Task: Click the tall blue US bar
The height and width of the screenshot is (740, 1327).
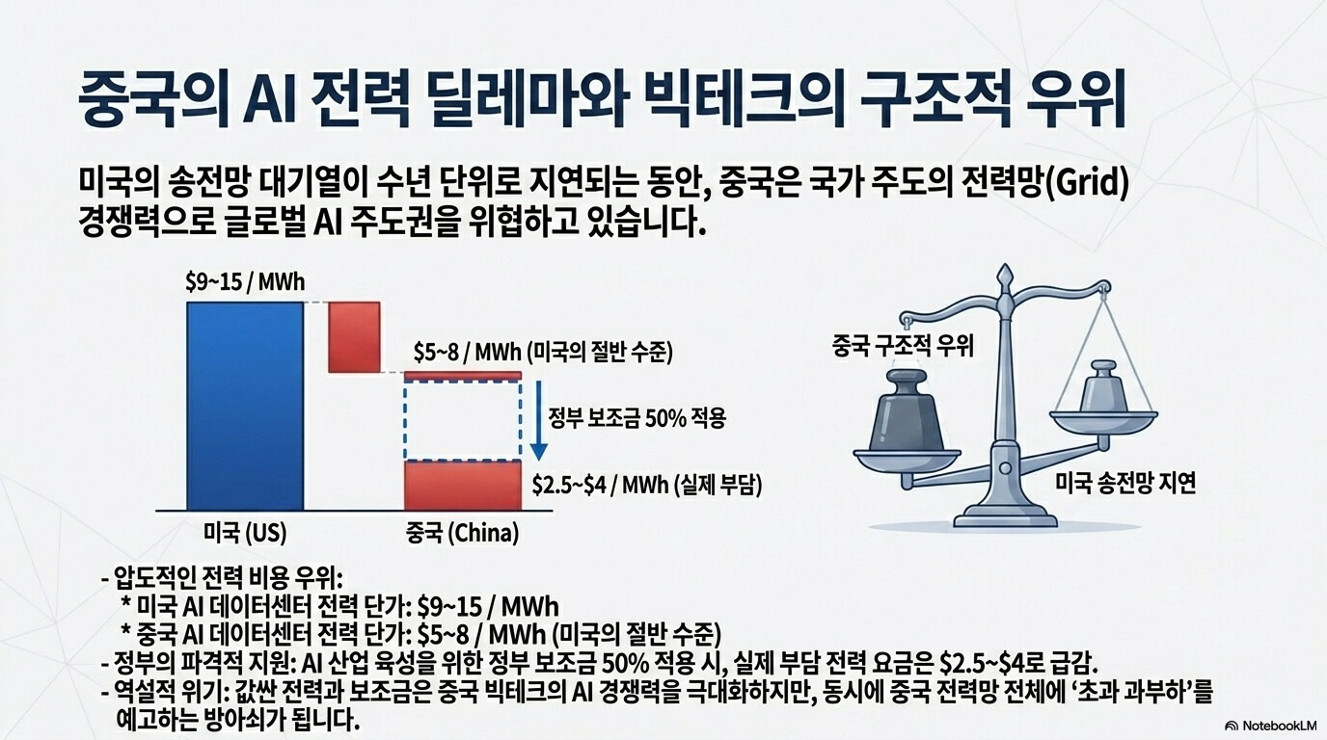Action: (x=245, y=406)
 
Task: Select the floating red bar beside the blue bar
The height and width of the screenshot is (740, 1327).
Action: (x=354, y=337)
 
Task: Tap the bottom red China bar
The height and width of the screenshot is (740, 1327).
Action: (x=463, y=486)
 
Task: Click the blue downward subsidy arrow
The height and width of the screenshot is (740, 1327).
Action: (x=538, y=420)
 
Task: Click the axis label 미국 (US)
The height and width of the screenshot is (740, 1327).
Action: (x=245, y=534)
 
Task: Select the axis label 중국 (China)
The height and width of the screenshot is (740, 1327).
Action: (x=463, y=534)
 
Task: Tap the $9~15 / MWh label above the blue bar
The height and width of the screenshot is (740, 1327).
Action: (x=245, y=282)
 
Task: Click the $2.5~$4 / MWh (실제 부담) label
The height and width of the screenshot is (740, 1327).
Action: (x=647, y=486)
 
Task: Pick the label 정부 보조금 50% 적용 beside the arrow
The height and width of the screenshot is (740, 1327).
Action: (x=636, y=418)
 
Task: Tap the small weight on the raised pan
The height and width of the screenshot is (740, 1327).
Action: (x=1103, y=387)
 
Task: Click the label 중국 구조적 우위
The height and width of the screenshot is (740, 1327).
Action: (x=903, y=346)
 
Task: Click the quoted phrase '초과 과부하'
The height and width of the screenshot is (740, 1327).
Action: (x=1136, y=693)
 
